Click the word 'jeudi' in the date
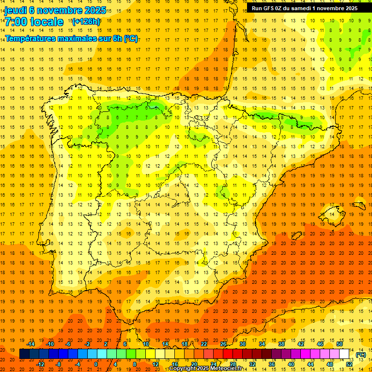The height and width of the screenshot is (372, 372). pos(16,10)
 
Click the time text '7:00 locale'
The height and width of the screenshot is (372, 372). pos(34,22)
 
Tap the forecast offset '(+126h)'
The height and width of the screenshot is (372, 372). pos(86,21)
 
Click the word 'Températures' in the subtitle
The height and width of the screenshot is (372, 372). pos(31,38)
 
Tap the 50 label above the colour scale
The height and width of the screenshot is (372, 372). pos(339,344)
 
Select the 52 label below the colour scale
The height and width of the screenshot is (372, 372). pos(349,364)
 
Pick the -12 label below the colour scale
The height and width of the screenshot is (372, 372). pos(40,364)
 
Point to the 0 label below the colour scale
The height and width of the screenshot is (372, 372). pos(96,364)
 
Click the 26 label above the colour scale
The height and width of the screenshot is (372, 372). pos(223,344)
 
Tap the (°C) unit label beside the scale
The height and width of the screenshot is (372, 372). pos(361,355)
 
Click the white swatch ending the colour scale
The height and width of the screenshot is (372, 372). pos(344,354)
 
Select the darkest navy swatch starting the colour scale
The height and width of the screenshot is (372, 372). pos(25,354)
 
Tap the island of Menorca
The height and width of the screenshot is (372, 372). pos(359,205)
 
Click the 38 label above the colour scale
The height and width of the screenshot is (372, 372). pos(281,344)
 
